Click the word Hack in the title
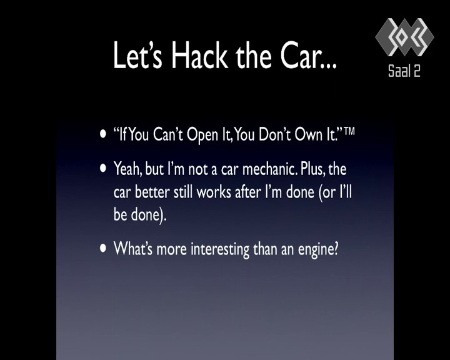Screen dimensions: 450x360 point(200,55)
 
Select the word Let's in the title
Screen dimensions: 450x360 point(137,55)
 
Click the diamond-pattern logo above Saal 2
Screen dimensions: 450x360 point(404,37)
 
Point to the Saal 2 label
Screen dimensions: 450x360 point(404,71)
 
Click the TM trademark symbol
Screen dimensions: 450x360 point(349,131)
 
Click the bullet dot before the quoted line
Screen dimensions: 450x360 point(103,134)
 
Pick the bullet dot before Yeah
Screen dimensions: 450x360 point(103,168)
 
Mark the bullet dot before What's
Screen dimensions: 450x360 point(103,248)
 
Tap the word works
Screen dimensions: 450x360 point(214,192)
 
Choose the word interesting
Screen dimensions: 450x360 point(220,249)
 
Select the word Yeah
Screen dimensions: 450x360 point(127,169)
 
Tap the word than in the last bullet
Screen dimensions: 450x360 point(265,249)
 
